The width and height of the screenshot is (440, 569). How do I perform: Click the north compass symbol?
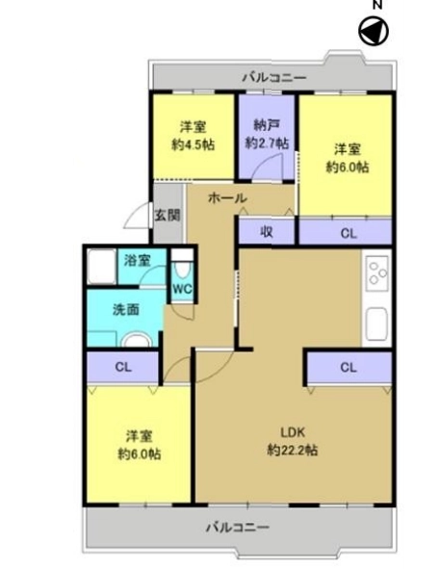374,32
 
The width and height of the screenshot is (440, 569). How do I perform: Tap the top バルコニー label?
274,78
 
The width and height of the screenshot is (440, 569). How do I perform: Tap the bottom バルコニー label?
238,528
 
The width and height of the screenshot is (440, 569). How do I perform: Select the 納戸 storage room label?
267,125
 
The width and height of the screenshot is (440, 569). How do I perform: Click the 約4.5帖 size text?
194,144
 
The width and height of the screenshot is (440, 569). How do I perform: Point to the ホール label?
227,198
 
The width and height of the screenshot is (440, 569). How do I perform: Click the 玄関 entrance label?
168,216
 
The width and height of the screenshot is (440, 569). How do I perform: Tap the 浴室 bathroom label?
137,261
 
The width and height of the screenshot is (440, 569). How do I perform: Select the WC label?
182,289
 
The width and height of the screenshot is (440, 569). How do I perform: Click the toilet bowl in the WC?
182,270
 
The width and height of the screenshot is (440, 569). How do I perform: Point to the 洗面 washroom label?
125,310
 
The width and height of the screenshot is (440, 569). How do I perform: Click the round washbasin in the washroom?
137,340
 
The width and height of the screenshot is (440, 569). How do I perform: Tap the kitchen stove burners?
377,272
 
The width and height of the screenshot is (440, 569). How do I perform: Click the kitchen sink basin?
377,324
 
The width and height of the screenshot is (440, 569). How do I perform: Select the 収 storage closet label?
267,232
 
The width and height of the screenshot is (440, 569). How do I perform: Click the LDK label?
293,432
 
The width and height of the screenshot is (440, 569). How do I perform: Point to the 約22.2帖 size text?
293,451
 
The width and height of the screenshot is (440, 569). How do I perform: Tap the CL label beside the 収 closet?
349,233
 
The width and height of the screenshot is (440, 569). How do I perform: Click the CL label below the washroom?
123,367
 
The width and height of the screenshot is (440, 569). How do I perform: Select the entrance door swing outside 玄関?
137,216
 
